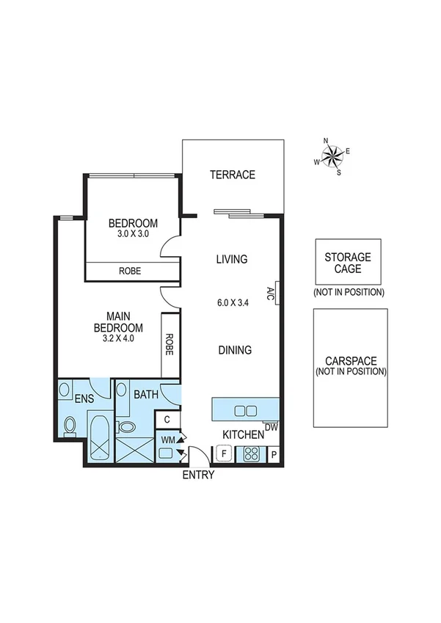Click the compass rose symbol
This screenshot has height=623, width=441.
click(332, 156)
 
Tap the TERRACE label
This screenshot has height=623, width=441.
click(233, 175)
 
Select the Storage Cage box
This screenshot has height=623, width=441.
click(348, 262)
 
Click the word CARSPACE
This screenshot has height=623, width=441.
click(350, 361)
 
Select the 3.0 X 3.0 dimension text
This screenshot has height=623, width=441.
click(133, 234)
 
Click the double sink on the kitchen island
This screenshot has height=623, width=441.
click(244, 409)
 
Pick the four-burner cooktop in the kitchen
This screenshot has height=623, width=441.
click(253, 454)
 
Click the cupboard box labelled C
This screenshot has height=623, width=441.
click(167, 420)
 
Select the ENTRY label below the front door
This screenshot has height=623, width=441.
click(198, 475)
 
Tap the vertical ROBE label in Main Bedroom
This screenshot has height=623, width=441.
click(170, 345)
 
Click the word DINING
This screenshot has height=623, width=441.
click(233, 350)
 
